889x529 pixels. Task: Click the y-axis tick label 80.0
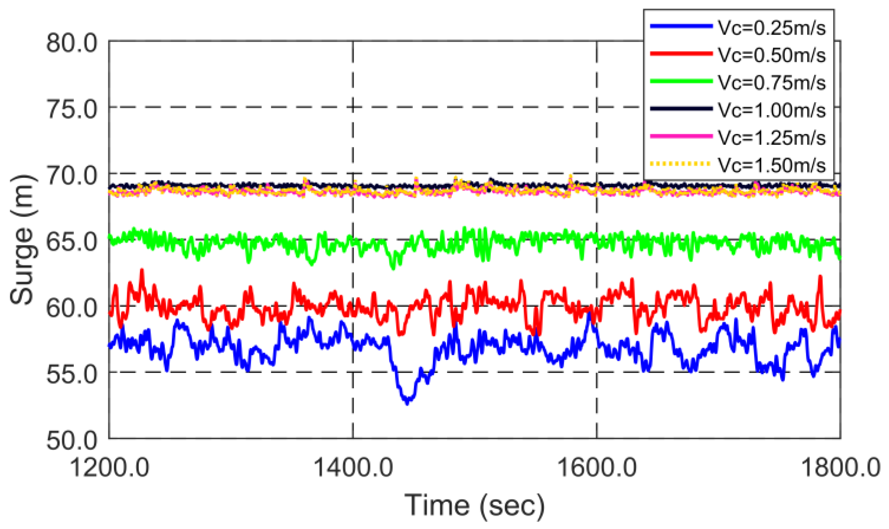point(72,43)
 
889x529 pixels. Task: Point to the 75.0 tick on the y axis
point(72,109)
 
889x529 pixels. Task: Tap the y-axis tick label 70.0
point(72,175)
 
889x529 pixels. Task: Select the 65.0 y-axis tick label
point(72,241)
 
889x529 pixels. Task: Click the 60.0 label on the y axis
point(72,308)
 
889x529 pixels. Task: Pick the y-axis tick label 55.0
point(72,374)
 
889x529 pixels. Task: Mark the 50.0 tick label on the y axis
point(72,440)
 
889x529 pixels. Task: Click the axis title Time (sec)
point(475,505)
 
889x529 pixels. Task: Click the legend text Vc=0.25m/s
point(771,28)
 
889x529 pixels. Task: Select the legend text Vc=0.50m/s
point(771,55)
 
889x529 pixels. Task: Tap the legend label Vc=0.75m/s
point(771,83)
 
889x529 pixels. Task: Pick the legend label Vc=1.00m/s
point(771,110)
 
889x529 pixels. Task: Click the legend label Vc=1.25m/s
point(771,138)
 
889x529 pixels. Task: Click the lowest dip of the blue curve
point(407,402)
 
